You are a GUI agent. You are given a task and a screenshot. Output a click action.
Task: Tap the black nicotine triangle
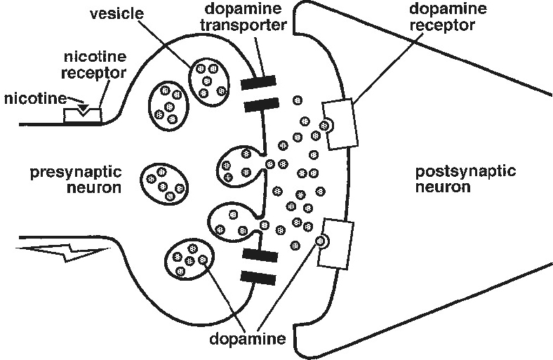tap(83, 109)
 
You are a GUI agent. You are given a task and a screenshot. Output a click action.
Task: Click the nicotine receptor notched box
tap(83, 114)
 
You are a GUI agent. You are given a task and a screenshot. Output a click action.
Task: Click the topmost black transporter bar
tap(260, 84)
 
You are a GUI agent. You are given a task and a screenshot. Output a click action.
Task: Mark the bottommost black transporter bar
tap(260, 278)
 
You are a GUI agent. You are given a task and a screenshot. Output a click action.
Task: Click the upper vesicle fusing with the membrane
tap(237, 166)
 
